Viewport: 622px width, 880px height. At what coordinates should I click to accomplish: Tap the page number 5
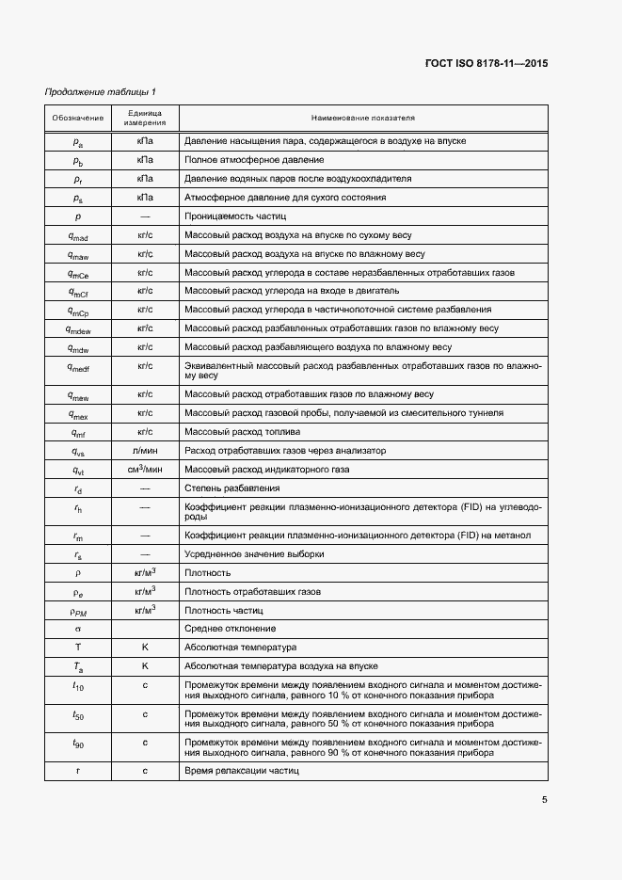coord(544,800)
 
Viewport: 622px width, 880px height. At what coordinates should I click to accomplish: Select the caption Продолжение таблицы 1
coord(101,91)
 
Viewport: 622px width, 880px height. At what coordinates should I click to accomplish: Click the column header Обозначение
coord(78,119)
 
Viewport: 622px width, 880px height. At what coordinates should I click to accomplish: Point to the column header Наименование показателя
coord(363,119)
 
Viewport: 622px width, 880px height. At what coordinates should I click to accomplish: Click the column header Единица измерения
coord(145,119)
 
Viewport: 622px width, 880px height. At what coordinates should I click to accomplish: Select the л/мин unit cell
coord(145,451)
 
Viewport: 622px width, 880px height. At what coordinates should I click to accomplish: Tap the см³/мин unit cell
coord(145,469)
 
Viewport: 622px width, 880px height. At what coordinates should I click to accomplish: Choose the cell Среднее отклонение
coord(231,628)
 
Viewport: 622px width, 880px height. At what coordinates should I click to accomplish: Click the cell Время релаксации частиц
coord(242,771)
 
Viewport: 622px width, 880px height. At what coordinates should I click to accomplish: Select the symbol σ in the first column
coord(78,628)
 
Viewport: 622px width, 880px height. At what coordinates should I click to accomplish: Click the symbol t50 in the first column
coord(78,716)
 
